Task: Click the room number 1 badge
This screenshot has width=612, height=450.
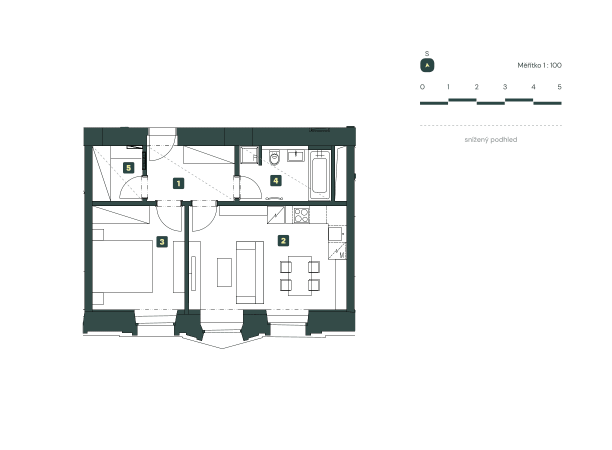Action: pos(178,183)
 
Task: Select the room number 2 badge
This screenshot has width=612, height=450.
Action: pos(283,241)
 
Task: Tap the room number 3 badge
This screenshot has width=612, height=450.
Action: pos(161,242)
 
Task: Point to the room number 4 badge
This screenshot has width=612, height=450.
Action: pos(275,180)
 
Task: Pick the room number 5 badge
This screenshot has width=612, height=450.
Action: pos(128,168)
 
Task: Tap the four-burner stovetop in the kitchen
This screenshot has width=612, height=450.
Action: pos(301,215)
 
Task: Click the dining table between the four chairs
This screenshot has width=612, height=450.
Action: pos(299,275)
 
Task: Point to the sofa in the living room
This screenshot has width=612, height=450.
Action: pos(249,272)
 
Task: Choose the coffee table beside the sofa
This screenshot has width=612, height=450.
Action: pos(224,272)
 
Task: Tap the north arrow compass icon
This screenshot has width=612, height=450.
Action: pos(427,65)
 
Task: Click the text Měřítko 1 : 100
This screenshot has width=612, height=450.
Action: pos(539,65)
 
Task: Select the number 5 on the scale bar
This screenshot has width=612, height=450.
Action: pos(559,87)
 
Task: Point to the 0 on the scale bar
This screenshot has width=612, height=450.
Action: pos(422,87)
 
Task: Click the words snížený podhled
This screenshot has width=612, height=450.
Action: pos(490,140)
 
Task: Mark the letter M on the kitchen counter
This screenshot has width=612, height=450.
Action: pos(342,255)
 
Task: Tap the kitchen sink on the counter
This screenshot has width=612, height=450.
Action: pos(335,233)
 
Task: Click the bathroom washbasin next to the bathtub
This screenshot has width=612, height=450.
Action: pos(296,154)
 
